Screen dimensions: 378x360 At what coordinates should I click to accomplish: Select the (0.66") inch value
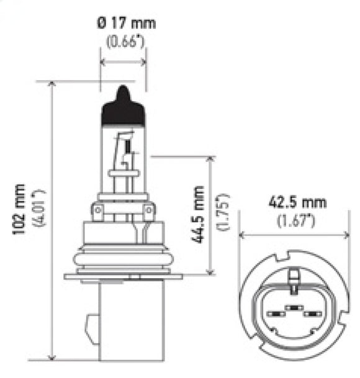tap(124, 42)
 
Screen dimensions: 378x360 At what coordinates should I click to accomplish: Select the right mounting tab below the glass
tap(149, 213)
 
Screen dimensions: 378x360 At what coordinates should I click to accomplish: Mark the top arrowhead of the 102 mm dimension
tap(52, 85)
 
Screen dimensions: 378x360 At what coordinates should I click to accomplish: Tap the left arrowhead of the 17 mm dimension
tap(104, 62)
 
